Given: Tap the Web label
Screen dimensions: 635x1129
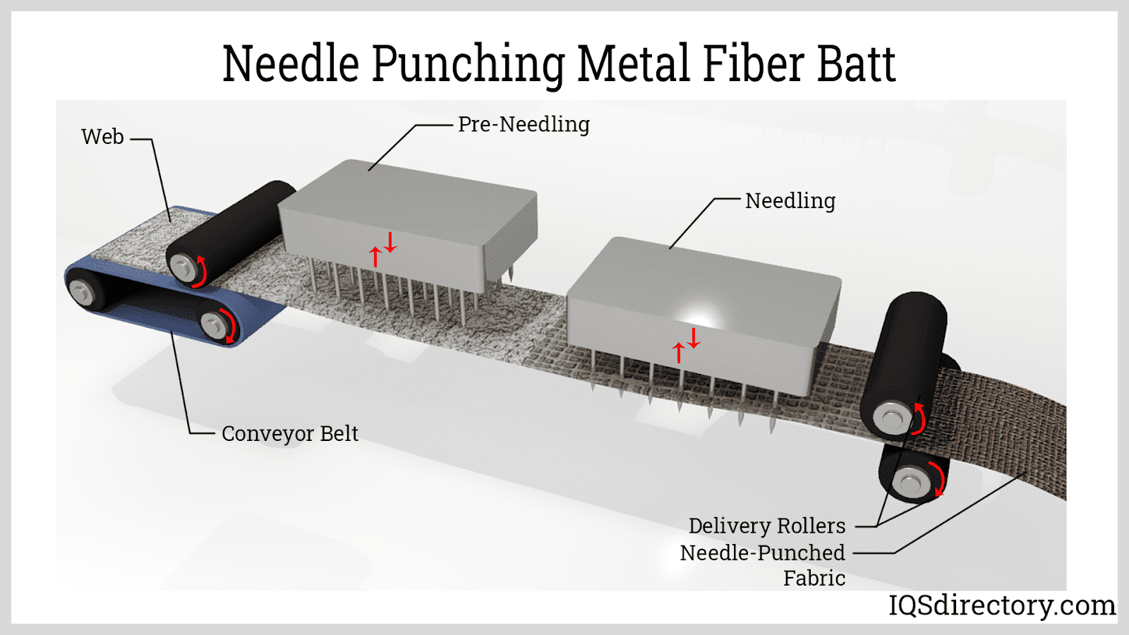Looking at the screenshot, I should pyautogui.click(x=102, y=137).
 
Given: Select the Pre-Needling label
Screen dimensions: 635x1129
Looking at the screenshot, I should pyautogui.click(x=524, y=125).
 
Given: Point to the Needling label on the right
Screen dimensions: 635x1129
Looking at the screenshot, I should pyautogui.click(x=790, y=201).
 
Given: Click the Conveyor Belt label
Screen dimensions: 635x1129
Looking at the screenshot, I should pyautogui.click(x=289, y=433).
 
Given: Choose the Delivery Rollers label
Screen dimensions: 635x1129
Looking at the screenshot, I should pyautogui.click(x=766, y=526).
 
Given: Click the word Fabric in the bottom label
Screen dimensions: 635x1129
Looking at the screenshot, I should pyautogui.click(x=814, y=579).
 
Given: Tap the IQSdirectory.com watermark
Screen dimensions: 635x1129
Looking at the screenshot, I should pyautogui.click(x=1001, y=605).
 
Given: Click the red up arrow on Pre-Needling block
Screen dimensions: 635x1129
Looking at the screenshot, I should pyautogui.click(x=375, y=255).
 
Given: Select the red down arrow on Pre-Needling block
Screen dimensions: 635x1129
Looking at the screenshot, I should pyautogui.click(x=390, y=242).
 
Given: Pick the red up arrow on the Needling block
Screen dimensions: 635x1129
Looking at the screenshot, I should pyautogui.click(x=679, y=351).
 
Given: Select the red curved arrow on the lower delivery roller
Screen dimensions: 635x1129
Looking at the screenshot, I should pyautogui.click(x=938, y=480).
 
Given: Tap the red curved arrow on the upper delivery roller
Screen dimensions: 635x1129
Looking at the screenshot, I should pyautogui.click(x=919, y=418).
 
